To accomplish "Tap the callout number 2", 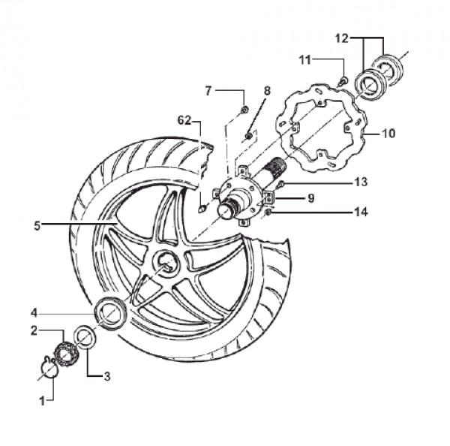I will click(x=34, y=330).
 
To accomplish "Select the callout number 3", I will click(x=106, y=376).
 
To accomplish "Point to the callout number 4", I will click(x=34, y=312).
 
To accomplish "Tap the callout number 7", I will click(x=209, y=91).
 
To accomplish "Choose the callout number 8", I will click(x=266, y=91).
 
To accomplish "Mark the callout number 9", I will click(x=310, y=197).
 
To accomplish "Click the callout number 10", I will click(x=388, y=134).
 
